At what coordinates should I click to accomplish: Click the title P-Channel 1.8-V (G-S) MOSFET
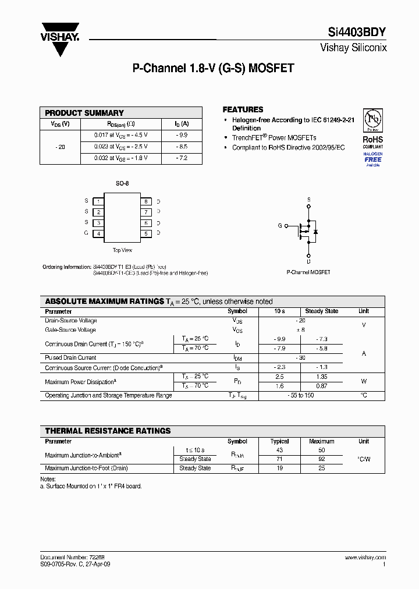coord(213,68)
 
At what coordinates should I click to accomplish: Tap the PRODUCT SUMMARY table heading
coord(84,113)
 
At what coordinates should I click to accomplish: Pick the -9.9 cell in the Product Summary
coord(182,135)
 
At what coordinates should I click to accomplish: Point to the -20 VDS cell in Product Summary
coord(60,147)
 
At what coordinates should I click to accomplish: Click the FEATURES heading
coord(243,109)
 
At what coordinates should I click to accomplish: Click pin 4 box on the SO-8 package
coord(99,234)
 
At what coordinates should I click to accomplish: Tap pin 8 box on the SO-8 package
coord(146,201)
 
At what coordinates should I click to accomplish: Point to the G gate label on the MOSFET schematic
coord(280,225)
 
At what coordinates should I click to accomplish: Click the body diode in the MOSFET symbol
coord(315,231)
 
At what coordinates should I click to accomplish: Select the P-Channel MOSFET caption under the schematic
coord(308,272)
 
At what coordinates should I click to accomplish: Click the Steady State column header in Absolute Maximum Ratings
coord(322,311)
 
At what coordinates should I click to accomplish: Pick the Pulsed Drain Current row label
coord(70,358)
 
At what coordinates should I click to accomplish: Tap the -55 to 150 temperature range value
coord(300,395)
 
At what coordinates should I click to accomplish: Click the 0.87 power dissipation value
coord(321,386)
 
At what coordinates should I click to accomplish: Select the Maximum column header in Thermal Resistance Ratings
coord(321,442)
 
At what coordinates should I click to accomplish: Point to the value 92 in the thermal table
coord(321,459)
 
